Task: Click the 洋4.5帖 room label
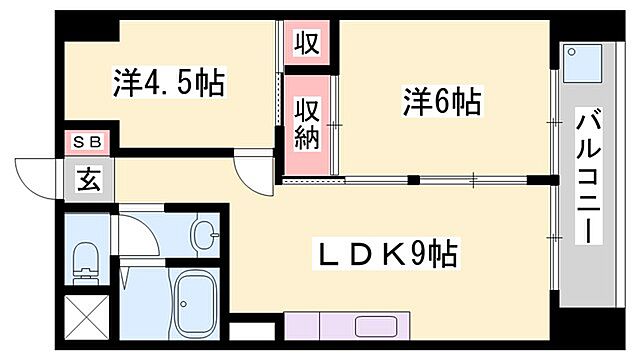click(x=167, y=82)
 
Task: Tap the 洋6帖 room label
click(x=443, y=101)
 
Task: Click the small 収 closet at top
click(x=305, y=43)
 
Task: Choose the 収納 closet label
click(x=306, y=121)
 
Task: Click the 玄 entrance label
click(x=89, y=181)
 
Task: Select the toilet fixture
click(x=85, y=263)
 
